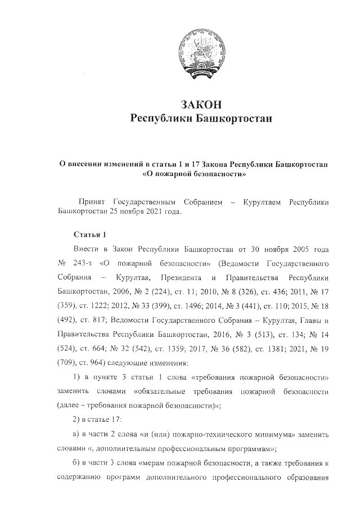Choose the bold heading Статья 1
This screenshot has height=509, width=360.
coord(89,233)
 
